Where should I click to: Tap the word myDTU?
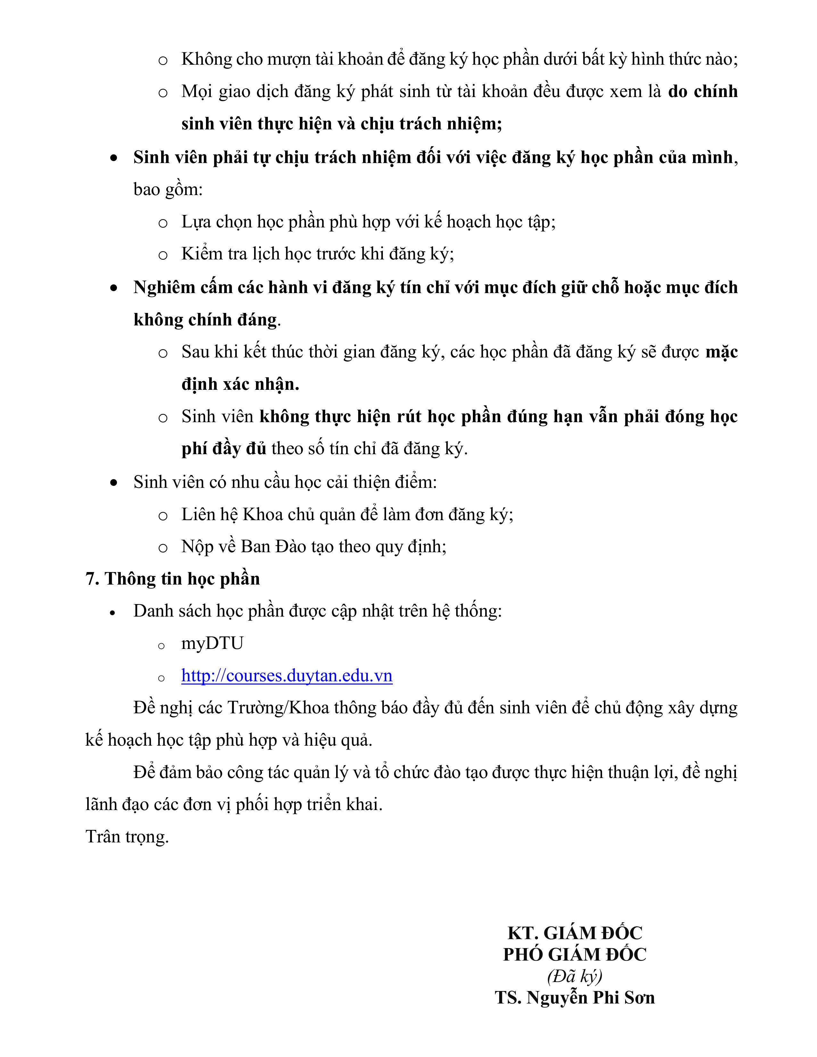click(212, 643)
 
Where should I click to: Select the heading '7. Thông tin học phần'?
click(172, 579)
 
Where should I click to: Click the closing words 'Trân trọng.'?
click(127, 837)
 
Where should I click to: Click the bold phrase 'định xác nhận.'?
click(240, 384)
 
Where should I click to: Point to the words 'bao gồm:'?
click(168, 189)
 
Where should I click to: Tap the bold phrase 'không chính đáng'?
click(206, 320)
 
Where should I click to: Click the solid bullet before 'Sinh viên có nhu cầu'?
click(114, 482)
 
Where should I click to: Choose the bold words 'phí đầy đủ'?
click(224, 449)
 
